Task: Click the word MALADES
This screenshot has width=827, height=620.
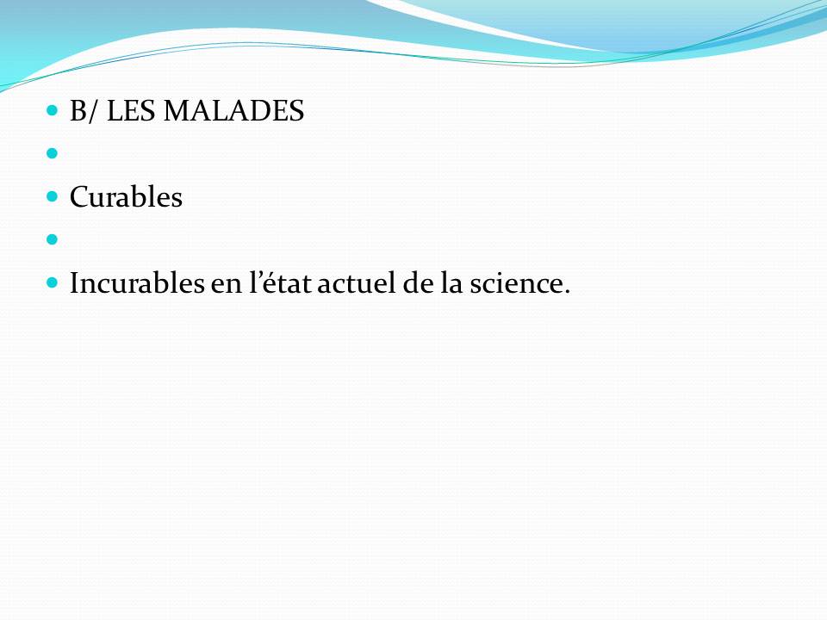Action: pos(233,111)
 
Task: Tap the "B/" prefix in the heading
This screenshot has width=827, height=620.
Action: pos(84,111)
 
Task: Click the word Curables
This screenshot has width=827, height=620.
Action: pos(126,197)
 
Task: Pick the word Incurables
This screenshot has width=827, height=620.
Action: pos(137,283)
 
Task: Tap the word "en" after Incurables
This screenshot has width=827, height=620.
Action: pos(227,286)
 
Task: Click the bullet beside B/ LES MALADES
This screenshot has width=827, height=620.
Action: pos(52,110)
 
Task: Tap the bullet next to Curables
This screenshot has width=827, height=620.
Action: pos(52,196)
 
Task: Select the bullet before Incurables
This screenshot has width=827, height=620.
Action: pos(52,282)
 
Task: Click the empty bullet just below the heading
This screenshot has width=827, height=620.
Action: pos(52,153)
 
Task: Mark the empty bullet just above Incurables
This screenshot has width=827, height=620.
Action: pos(52,239)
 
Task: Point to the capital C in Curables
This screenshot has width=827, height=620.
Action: pos(79,197)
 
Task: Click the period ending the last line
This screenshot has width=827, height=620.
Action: pos(567,292)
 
